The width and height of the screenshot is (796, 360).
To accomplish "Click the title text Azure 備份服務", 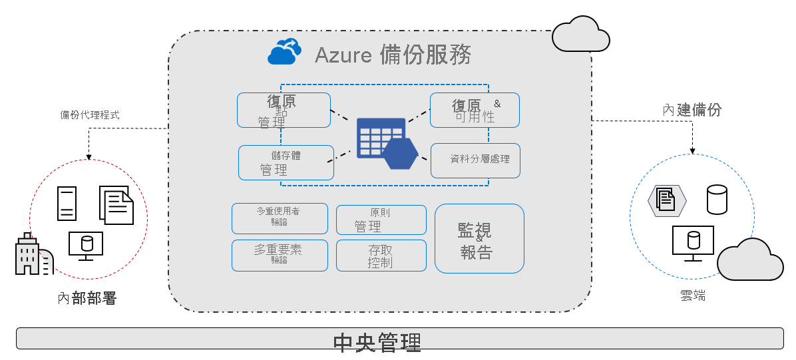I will coord(393,55).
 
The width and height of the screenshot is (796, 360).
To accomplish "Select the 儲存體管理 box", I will coord(286,162).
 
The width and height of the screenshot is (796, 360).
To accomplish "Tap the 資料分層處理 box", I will coord(475,160).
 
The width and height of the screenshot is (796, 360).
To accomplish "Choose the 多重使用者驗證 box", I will coord(280,218).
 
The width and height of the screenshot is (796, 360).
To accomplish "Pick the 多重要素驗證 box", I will coord(280,255).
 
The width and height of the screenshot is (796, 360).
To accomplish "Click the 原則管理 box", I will coord(381,220).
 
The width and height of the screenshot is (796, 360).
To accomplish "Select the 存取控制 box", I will coord(381,256).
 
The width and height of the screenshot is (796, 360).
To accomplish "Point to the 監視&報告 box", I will coord(479,238).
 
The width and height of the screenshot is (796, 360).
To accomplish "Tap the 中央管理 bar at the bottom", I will coord(399,339).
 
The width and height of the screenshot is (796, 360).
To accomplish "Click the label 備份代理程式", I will coord(90,115).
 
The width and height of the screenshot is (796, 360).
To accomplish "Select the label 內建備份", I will coord(692,110).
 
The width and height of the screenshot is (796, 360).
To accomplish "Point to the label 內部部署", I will coord(87,299).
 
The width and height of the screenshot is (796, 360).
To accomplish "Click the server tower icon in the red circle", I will coord(67,204).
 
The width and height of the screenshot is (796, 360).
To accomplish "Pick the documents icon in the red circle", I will coord(116,204).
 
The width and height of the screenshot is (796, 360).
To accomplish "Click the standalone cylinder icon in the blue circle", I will coord(717,200).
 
